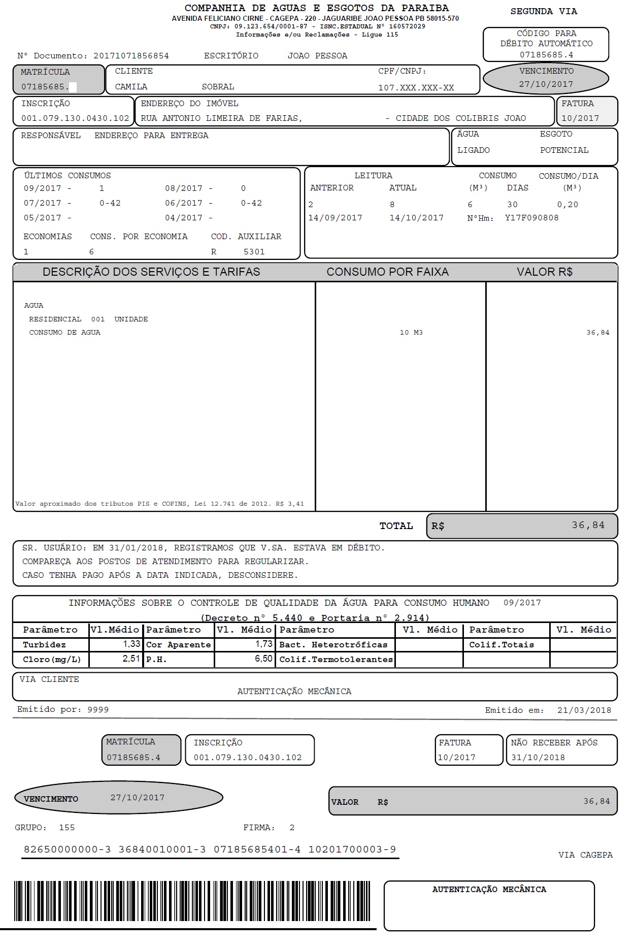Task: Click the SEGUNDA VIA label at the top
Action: point(544,11)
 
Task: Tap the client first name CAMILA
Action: point(131,87)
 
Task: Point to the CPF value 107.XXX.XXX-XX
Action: point(416,88)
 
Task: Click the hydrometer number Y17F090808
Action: point(531,218)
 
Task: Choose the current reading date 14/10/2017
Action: point(416,218)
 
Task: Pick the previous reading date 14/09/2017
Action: point(335,218)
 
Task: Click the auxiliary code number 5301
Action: point(254,252)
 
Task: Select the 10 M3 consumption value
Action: point(411,333)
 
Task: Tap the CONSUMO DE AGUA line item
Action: point(64,333)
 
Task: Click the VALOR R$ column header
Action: point(544,272)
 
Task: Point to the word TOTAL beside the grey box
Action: point(396,526)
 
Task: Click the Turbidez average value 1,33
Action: point(131,644)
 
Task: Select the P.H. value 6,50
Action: point(263,659)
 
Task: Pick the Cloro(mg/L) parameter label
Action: point(52,660)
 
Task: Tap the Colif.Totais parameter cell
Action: point(501,645)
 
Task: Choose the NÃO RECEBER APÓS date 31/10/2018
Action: point(538,758)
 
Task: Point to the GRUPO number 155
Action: point(66,828)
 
